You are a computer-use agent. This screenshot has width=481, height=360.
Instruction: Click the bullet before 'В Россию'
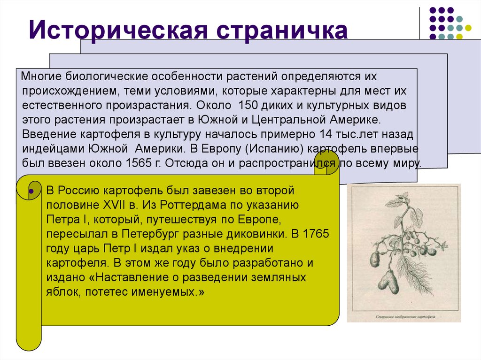(x=31, y=191)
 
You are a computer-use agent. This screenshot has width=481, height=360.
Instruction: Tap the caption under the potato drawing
(x=403, y=317)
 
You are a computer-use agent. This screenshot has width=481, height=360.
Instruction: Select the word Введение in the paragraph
(x=49, y=134)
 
